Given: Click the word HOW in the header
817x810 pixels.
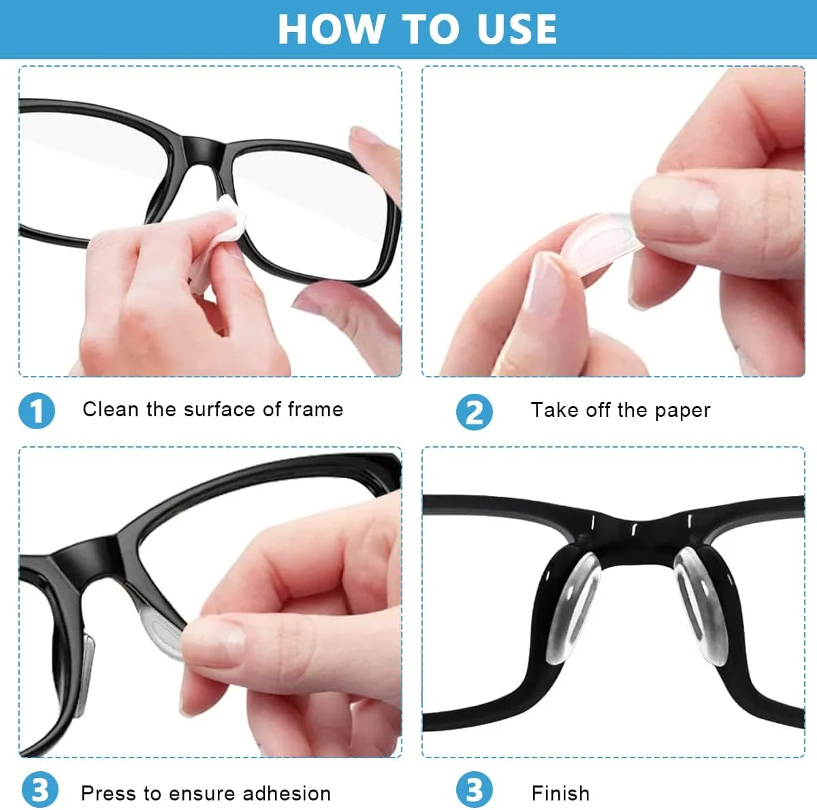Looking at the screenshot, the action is (331, 29).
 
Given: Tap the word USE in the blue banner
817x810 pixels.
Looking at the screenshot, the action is (517, 29).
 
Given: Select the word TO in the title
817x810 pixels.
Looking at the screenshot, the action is (430, 29).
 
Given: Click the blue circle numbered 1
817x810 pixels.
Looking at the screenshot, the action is (37, 410).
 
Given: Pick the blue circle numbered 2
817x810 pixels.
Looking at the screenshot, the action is (475, 411).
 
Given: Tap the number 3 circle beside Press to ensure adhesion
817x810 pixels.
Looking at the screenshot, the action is (40, 790).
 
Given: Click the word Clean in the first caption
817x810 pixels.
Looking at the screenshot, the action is (111, 409).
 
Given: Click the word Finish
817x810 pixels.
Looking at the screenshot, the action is (560, 793).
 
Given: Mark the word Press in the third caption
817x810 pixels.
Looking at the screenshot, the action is (108, 793).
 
